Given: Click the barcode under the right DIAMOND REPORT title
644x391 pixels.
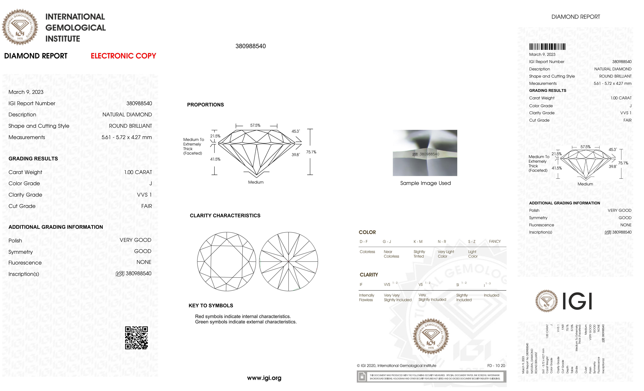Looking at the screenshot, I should [547, 47].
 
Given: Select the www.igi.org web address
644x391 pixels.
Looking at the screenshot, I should [264, 378].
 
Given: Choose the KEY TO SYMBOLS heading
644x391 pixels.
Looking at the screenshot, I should [211, 306].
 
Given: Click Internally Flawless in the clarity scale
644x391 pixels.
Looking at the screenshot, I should [366, 297].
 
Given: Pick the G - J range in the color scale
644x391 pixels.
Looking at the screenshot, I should [387, 241].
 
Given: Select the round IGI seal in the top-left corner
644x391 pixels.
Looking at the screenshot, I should [20, 27].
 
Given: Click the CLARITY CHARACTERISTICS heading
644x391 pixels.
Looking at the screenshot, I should [225, 216].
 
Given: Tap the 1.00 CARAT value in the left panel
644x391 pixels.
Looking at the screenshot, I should [138, 172].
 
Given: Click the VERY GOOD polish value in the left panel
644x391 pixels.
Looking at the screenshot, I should [135, 240].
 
